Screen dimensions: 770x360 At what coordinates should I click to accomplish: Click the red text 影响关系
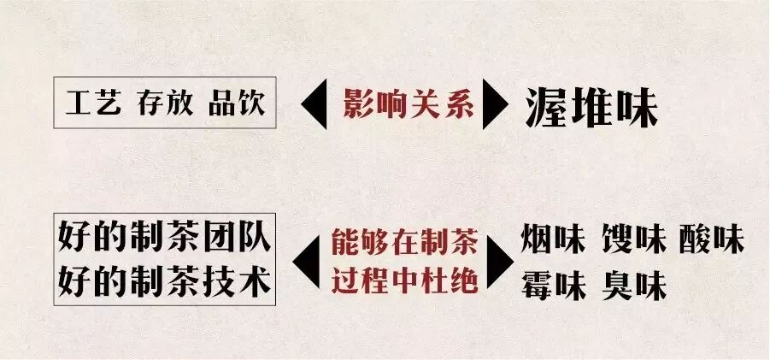click(409, 104)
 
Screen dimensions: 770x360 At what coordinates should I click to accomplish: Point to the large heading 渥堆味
click(591, 107)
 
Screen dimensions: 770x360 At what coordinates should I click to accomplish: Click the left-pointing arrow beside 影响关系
click(318, 105)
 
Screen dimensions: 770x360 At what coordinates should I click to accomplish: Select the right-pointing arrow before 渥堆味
click(497, 105)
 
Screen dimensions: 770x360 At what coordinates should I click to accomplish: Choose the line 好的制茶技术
click(165, 281)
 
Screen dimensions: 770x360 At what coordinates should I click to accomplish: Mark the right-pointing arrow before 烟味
click(500, 261)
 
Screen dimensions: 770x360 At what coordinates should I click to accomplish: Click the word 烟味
click(552, 241)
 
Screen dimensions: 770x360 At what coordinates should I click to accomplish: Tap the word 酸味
click(712, 241)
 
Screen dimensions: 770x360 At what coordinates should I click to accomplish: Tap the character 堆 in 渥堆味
click(591, 107)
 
